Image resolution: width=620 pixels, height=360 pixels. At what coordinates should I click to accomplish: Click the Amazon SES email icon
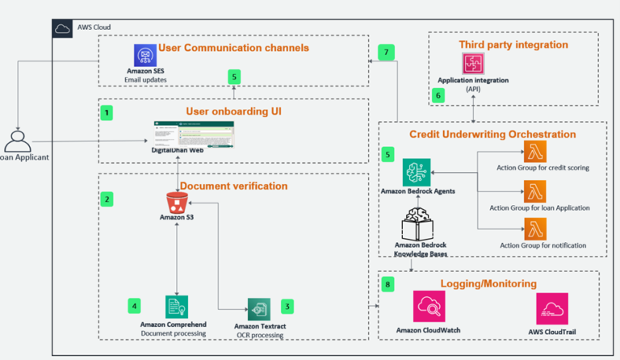(x=145, y=55)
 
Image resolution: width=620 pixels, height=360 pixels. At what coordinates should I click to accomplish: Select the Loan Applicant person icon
(x=18, y=141)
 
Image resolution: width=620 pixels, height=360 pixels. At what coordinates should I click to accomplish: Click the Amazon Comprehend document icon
(x=176, y=308)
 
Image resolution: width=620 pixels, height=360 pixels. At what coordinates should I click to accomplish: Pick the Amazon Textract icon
(x=258, y=309)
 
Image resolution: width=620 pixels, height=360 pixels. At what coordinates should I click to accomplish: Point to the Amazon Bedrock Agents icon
(x=417, y=172)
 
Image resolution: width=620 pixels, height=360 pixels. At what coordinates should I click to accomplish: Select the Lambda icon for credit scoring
(x=534, y=152)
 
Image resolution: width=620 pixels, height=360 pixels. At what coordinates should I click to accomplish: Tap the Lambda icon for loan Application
(x=534, y=191)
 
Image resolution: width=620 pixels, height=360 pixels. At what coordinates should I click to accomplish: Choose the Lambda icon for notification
(x=534, y=229)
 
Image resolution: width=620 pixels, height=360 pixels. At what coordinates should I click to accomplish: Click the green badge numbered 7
(x=387, y=52)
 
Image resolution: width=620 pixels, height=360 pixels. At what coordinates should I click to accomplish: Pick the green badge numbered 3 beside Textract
(x=287, y=306)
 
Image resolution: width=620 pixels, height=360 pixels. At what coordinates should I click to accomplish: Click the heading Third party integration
(x=513, y=44)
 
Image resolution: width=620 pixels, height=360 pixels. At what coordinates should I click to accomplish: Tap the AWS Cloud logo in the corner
(x=64, y=28)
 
